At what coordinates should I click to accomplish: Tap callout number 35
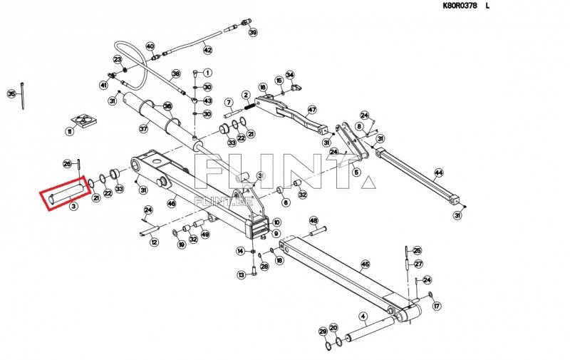[11, 94]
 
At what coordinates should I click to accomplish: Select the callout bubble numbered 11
[70, 132]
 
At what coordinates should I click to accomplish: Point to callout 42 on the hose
[207, 50]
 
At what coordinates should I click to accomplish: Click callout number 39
[254, 33]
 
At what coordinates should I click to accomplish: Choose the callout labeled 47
[311, 110]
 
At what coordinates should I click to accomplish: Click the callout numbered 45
[366, 264]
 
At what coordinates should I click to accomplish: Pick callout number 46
[172, 204]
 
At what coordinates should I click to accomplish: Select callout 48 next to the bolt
[313, 222]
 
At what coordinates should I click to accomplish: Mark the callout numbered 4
[363, 316]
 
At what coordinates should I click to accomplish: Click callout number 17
[437, 306]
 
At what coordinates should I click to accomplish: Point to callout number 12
[154, 242]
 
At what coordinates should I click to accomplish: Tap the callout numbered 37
[143, 129]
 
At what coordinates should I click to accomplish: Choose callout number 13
[241, 274]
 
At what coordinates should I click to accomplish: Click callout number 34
[290, 75]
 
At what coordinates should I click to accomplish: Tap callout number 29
[323, 332]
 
